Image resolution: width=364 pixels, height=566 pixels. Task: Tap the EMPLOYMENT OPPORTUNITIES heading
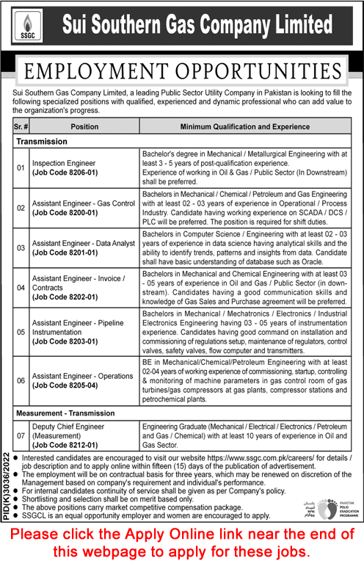tap(183, 72)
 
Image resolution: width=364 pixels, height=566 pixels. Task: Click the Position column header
tap(84, 126)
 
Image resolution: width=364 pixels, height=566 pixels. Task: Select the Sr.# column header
tap(20, 126)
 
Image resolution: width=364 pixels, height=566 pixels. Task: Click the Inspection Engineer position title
tap(63, 162)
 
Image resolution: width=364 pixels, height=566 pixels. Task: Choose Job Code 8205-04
tap(68, 384)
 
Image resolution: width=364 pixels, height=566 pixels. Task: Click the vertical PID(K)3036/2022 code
tap(7, 485)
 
